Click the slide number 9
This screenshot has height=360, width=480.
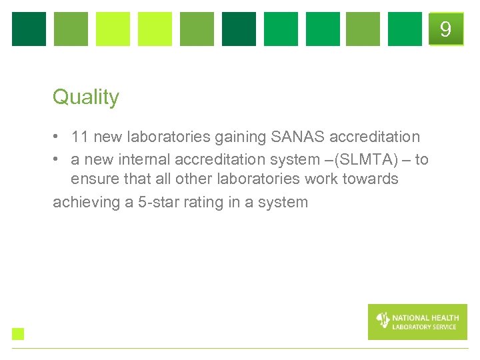[445, 29]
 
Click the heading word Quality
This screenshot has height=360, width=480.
[85, 97]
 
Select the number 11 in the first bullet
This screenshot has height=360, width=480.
[80, 137]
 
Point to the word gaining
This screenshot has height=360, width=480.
[241, 138]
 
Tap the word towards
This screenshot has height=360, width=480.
[371, 179]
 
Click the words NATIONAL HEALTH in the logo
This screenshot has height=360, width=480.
[425, 318]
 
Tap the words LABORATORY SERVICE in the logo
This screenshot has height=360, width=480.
[425, 327]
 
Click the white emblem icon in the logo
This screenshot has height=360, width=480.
[383, 321]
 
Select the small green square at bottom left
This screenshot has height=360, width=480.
[18, 334]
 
